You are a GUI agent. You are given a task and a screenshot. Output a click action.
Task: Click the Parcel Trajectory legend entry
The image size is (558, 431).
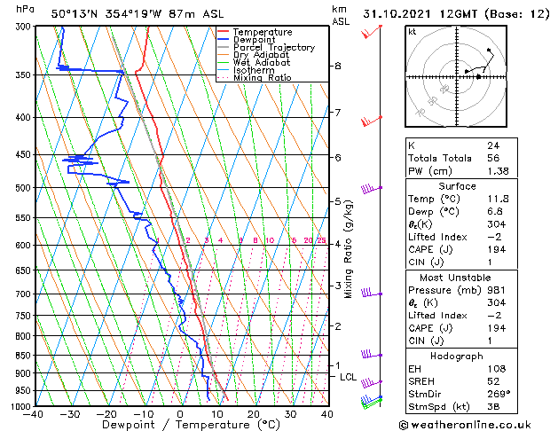273,47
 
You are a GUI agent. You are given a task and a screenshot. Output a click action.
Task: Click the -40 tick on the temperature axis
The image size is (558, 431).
35,413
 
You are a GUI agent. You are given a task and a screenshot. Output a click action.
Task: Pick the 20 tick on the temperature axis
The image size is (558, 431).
254,413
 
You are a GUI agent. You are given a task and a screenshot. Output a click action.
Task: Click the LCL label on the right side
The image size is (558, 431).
349,377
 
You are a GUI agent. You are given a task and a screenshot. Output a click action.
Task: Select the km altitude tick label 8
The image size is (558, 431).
338,67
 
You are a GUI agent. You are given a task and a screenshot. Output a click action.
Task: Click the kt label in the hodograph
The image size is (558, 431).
412,32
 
